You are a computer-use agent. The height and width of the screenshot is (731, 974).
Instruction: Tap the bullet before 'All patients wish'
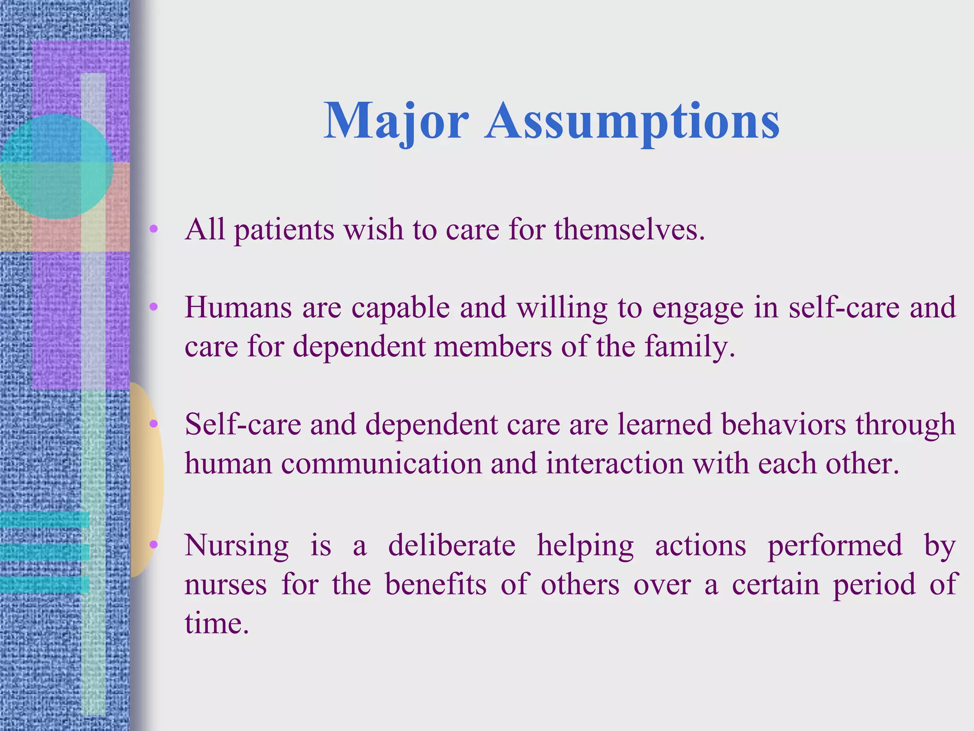click(x=153, y=229)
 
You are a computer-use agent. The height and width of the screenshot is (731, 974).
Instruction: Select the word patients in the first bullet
click(x=284, y=230)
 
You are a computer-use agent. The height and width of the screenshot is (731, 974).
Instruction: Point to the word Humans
click(x=238, y=307)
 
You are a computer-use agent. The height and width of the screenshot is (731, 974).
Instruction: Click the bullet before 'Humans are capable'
click(x=153, y=307)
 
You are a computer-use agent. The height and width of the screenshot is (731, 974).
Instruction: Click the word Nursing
click(x=236, y=546)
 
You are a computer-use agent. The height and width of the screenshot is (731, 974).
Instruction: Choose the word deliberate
click(x=451, y=546)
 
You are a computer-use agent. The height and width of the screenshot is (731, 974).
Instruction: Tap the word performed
click(x=835, y=546)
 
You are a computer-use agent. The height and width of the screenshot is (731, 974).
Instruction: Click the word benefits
click(x=436, y=584)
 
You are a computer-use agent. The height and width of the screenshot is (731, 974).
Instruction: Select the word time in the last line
click(x=216, y=623)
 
